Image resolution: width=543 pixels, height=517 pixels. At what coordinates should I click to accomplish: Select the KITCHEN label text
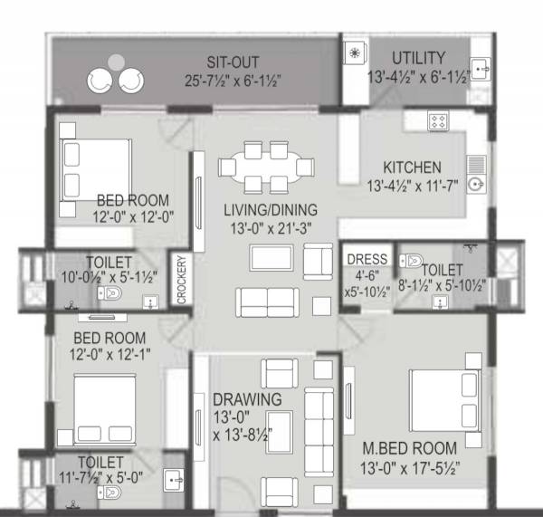(412, 168)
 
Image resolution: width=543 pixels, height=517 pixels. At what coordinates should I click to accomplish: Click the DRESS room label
(367, 260)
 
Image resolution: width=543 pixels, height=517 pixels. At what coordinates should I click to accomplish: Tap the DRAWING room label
(247, 400)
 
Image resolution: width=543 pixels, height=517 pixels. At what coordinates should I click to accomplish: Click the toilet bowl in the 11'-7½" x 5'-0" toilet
(111, 493)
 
